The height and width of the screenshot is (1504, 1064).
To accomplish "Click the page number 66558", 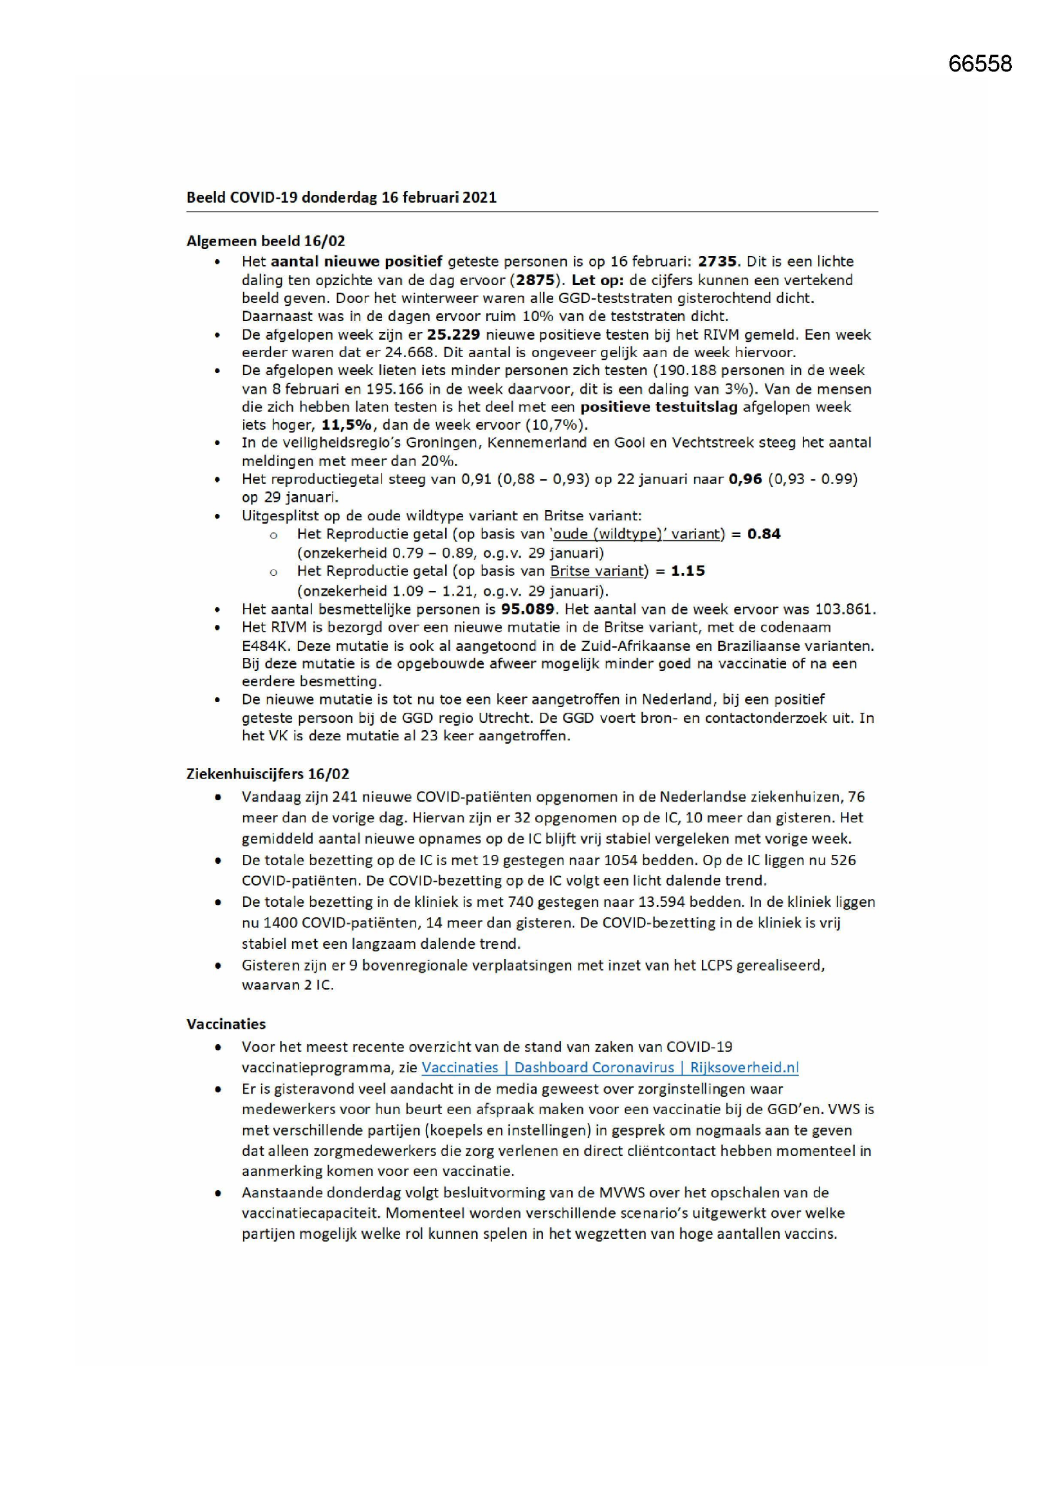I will [x=980, y=64].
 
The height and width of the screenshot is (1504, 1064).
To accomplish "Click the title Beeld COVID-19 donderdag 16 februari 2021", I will [x=342, y=197].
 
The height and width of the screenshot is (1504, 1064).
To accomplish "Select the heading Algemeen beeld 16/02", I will [x=265, y=241].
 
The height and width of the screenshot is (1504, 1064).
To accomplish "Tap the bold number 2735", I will [x=717, y=261].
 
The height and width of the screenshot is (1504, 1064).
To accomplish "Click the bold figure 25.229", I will [x=454, y=335].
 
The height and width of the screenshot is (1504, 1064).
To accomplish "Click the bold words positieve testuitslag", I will [x=659, y=407].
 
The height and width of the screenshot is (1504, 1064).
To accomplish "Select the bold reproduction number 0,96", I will [x=745, y=479].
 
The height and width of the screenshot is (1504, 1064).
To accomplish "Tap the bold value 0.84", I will [x=764, y=534].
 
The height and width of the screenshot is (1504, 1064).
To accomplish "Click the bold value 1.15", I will [x=687, y=571].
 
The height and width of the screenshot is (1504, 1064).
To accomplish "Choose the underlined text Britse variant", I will [x=597, y=571].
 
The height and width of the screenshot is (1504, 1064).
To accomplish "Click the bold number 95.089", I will [x=527, y=609].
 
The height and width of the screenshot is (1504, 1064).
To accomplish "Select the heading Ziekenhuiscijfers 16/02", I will [x=268, y=773].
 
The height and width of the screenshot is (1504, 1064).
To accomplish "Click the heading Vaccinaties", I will [x=226, y=1024].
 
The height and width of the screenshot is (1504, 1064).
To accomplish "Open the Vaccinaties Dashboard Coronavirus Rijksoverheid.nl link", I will [x=610, y=1067].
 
